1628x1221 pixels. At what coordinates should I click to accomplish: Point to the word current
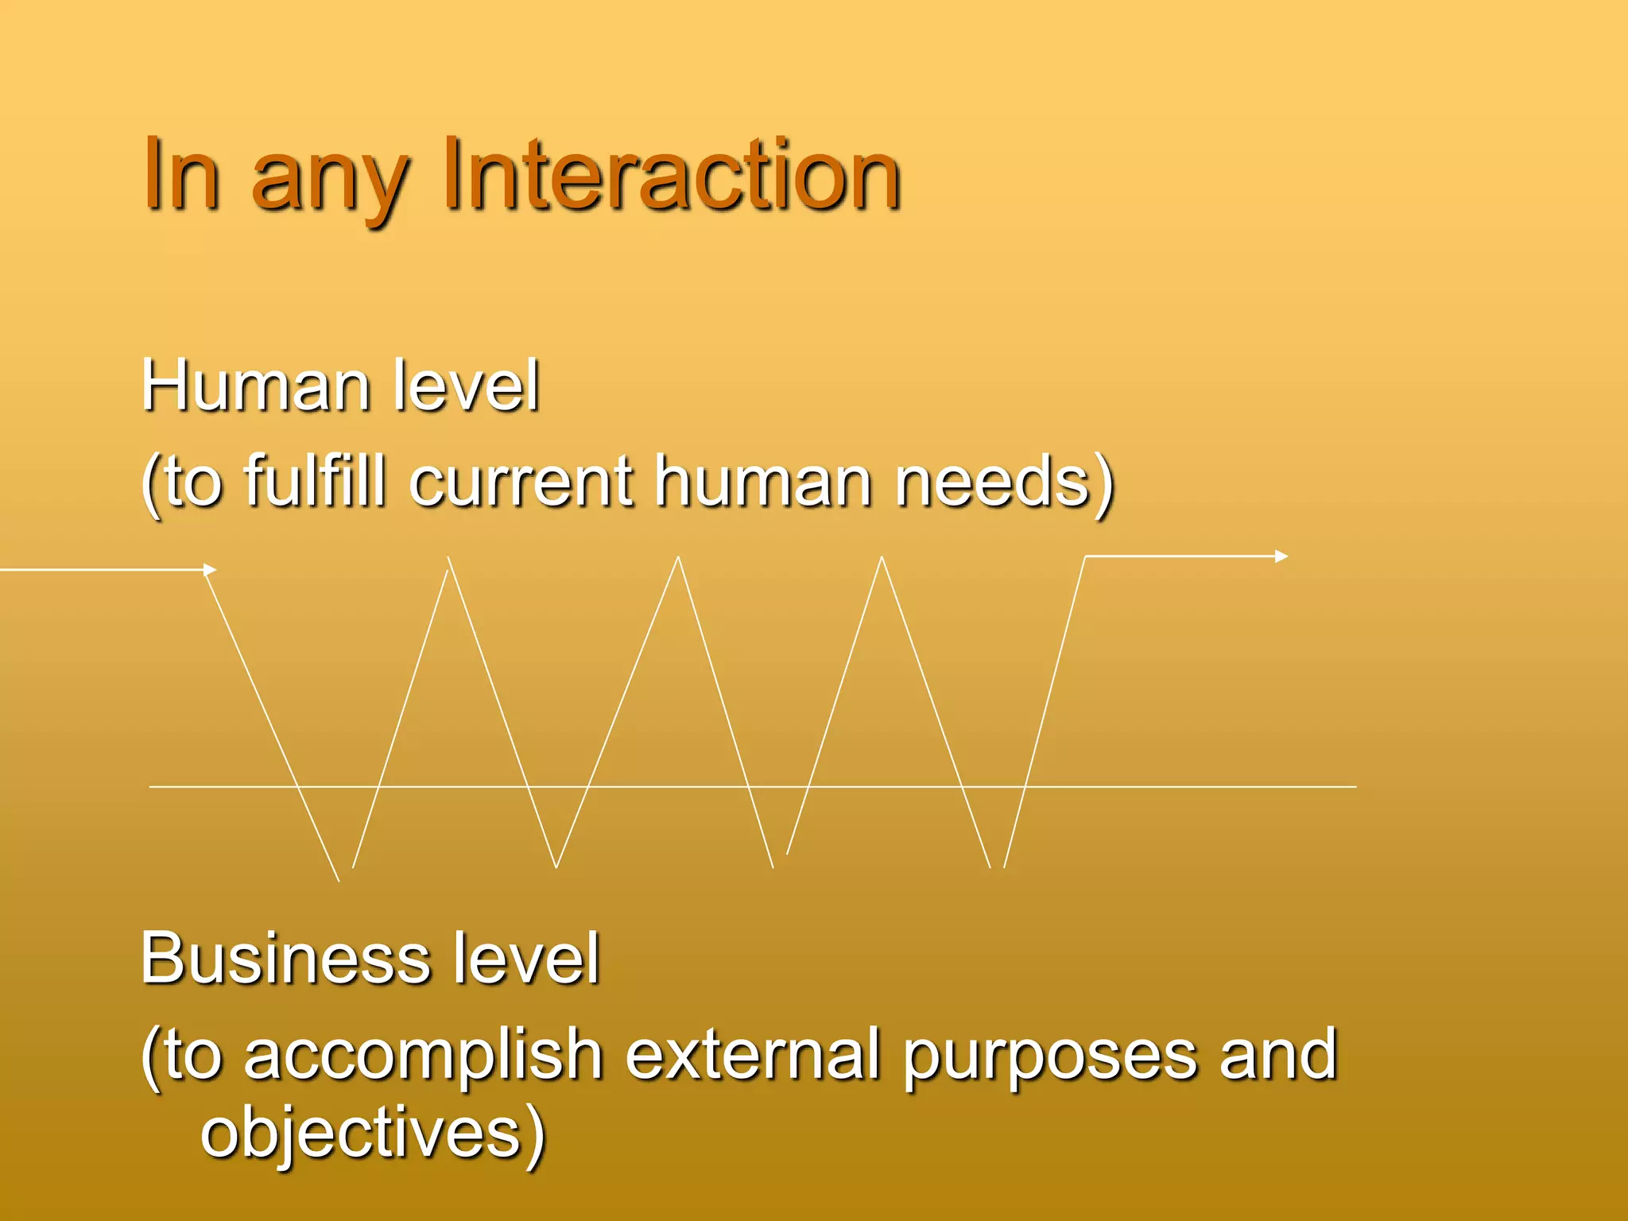click(521, 482)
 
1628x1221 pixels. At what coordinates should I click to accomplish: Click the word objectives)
click(372, 1133)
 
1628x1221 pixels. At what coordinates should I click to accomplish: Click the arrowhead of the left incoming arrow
click(211, 569)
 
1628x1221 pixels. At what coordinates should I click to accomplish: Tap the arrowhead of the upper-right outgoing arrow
click(1281, 556)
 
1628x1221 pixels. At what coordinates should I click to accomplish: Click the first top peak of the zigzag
click(448, 558)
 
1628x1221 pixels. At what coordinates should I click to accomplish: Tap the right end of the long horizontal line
click(1355, 787)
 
